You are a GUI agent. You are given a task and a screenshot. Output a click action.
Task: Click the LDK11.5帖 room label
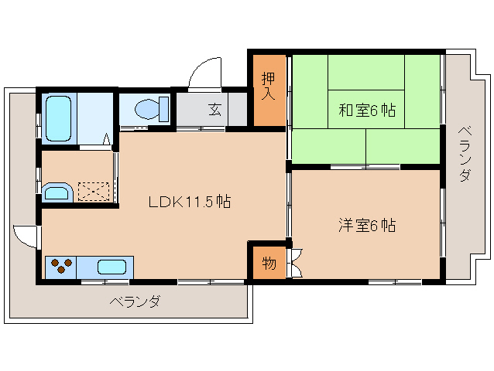(190, 203)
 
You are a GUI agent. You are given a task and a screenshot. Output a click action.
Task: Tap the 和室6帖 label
(366, 111)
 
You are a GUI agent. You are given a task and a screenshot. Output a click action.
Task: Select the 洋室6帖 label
(366, 226)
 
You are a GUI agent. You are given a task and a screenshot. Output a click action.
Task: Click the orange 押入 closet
(269, 87)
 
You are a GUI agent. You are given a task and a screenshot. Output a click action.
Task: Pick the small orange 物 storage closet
(268, 263)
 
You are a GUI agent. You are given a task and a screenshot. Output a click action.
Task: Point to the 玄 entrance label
(214, 109)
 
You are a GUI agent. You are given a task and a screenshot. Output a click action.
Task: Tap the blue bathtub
(57, 119)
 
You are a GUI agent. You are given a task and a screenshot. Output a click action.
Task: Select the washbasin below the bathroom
(57, 192)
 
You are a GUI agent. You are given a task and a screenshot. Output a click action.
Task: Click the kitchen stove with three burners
(61, 267)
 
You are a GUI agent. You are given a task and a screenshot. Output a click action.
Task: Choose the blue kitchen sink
(111, 267)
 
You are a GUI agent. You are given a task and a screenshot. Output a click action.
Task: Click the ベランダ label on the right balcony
(463, 154)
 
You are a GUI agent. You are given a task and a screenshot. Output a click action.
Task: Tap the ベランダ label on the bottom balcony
(134, 301)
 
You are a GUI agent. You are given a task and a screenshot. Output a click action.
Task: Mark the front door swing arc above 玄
(204, 75)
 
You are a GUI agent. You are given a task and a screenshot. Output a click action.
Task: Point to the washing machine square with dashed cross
(93, 189)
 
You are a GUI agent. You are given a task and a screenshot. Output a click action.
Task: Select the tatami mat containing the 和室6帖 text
(366, 111)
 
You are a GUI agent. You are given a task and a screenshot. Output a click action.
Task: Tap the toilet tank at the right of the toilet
(164, 108)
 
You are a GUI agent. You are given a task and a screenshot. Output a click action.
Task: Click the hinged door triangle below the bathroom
(108, 141)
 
